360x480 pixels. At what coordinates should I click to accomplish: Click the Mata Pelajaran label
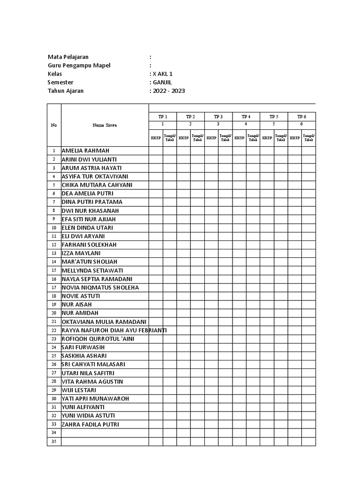(x=68, y=57)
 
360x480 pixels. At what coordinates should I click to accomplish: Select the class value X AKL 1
(x=159, y=74)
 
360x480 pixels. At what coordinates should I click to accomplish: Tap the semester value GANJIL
(x=161, y=82)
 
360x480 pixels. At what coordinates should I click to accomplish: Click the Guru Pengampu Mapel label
(x=79, y=66)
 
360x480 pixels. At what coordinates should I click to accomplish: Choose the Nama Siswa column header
(x=105, y=125)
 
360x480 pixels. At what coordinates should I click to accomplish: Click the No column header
(x=54, y=125)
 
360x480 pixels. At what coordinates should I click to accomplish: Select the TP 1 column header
(x=163, y=116)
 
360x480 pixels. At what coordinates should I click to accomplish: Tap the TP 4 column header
(x=246, y=116)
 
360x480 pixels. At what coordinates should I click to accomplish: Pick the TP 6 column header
(x=301, y=116)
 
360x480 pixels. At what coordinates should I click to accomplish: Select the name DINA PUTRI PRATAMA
(x=92, y=202)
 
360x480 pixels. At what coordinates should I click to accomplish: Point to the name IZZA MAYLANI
(x=81, y=253)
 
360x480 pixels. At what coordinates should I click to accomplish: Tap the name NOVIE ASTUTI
(x=81, y=296)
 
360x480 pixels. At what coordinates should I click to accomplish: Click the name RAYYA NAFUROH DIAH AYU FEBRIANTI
(x=114, y=330)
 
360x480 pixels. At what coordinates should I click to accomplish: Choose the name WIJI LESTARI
(x=79, y=390)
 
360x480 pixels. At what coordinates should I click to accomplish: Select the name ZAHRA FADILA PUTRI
(x=90, y=424)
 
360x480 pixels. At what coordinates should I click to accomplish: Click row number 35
(x=54, y=442)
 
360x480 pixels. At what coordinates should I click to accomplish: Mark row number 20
(x=54, y=313)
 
